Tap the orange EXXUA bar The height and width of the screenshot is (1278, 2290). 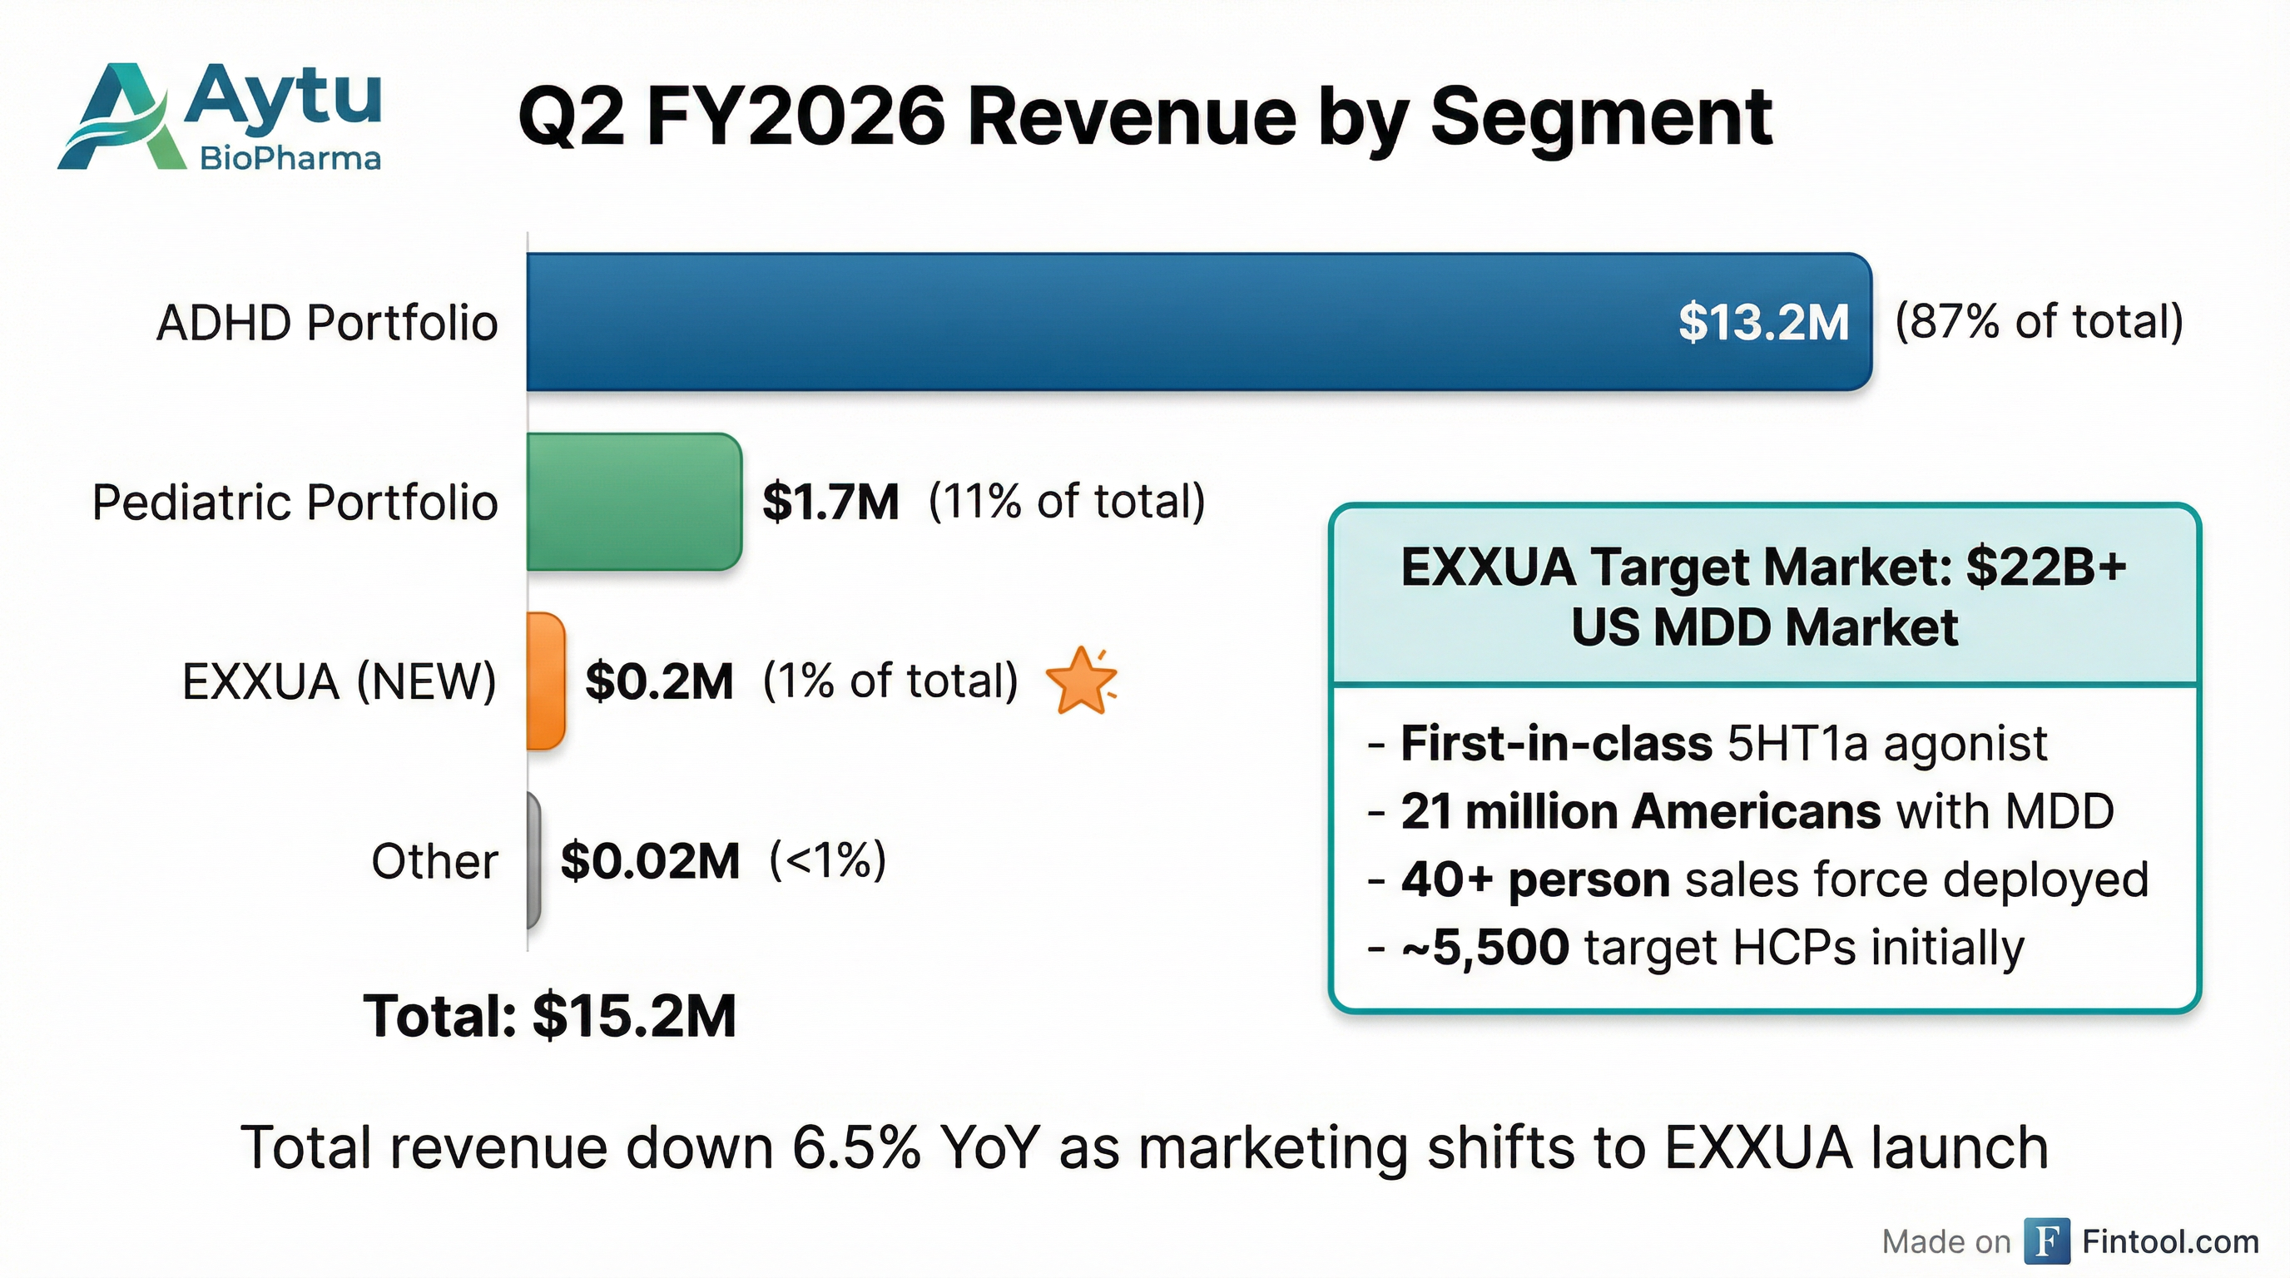click(x=545, y=681)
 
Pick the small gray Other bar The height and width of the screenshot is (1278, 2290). click(x=533, y=860)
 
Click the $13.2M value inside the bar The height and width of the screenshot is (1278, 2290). click(x=1762, y=322)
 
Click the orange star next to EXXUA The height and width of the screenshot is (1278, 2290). click(x=1081, y=681)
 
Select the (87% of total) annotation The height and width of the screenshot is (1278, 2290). click(x=2039, y=322)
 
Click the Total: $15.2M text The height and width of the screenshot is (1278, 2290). click(x=549, y=1015)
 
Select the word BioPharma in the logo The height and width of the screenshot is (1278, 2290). click(x=290, y=159)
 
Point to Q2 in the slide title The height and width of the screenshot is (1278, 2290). click(x=572, y=117)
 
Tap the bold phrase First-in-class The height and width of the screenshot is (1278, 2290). click(x=1556, y=743)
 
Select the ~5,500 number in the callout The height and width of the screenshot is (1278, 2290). click(x=1485, y=948)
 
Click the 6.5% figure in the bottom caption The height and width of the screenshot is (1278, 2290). click(x=856, y=1147)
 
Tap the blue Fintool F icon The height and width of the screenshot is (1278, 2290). click(x=2046, y=1241)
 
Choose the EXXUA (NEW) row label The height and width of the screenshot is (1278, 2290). click(x=339, y=681)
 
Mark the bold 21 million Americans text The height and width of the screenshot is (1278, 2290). click(x=1640, y=811)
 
